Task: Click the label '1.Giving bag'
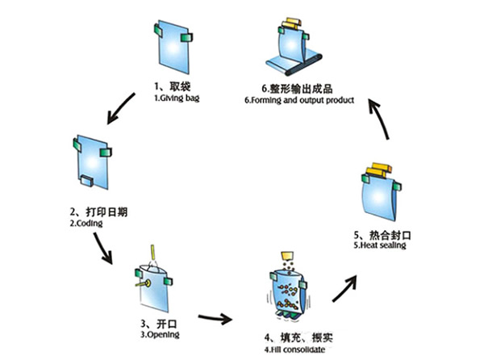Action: (177, 98)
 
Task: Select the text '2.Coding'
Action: (86, 224)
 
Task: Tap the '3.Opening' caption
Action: (160, 335)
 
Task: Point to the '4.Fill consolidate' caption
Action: (294, 350)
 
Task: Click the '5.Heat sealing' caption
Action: (380, 245)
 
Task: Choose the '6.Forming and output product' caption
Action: (299, 100)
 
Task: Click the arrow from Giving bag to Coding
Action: (120, 109)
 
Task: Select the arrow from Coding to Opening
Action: (103, 248)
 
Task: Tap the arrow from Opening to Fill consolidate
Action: (215, 318)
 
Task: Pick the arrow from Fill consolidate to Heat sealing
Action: (344, 289)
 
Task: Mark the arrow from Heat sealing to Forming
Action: (379, 118)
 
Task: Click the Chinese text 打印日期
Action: (106, 212)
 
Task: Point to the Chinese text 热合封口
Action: (390, 235)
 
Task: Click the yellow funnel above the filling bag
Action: (288, 256)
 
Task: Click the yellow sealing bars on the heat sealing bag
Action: (378, 170)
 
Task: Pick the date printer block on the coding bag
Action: (87, 181)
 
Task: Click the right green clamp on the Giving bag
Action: (186, 37)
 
